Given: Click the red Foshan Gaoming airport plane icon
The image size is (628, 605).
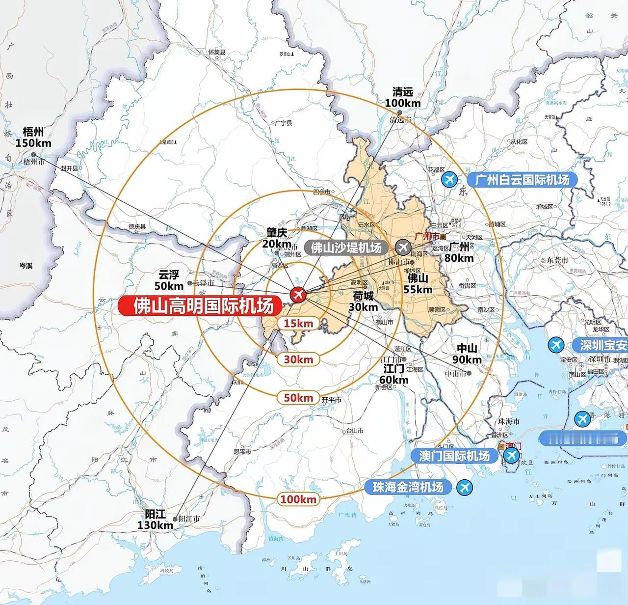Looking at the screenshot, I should tap(297, 295).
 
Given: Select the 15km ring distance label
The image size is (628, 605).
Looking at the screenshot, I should tap(298, 323).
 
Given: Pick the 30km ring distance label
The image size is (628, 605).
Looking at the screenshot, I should tap(298, 359).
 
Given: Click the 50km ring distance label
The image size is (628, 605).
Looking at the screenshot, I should tap(298, 397).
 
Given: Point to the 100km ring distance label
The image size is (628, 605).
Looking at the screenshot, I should tap(298, 499).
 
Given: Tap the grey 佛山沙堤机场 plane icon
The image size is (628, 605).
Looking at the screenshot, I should tap(404, 247).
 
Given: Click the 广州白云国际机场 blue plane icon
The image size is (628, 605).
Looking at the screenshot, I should tap(449, 180).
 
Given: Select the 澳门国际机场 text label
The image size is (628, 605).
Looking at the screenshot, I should tap(454, 456).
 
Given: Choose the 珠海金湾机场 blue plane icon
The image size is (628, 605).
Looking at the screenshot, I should tap(464, 488).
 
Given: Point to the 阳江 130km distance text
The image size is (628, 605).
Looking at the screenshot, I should tap(156, 520).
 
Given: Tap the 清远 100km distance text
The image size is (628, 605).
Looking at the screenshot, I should tap(403, 97).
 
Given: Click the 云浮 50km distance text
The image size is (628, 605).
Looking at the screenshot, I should tap(169, 280).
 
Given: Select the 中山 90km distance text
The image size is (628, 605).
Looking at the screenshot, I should tap(467, 354).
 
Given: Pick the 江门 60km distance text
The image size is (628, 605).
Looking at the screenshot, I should tap(393, 374).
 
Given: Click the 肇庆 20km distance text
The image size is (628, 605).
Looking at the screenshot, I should tap(277, 238).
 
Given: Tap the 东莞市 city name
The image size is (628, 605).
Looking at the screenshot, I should tap(558, 260).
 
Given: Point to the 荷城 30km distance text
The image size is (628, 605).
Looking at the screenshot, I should tap(363, 301).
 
